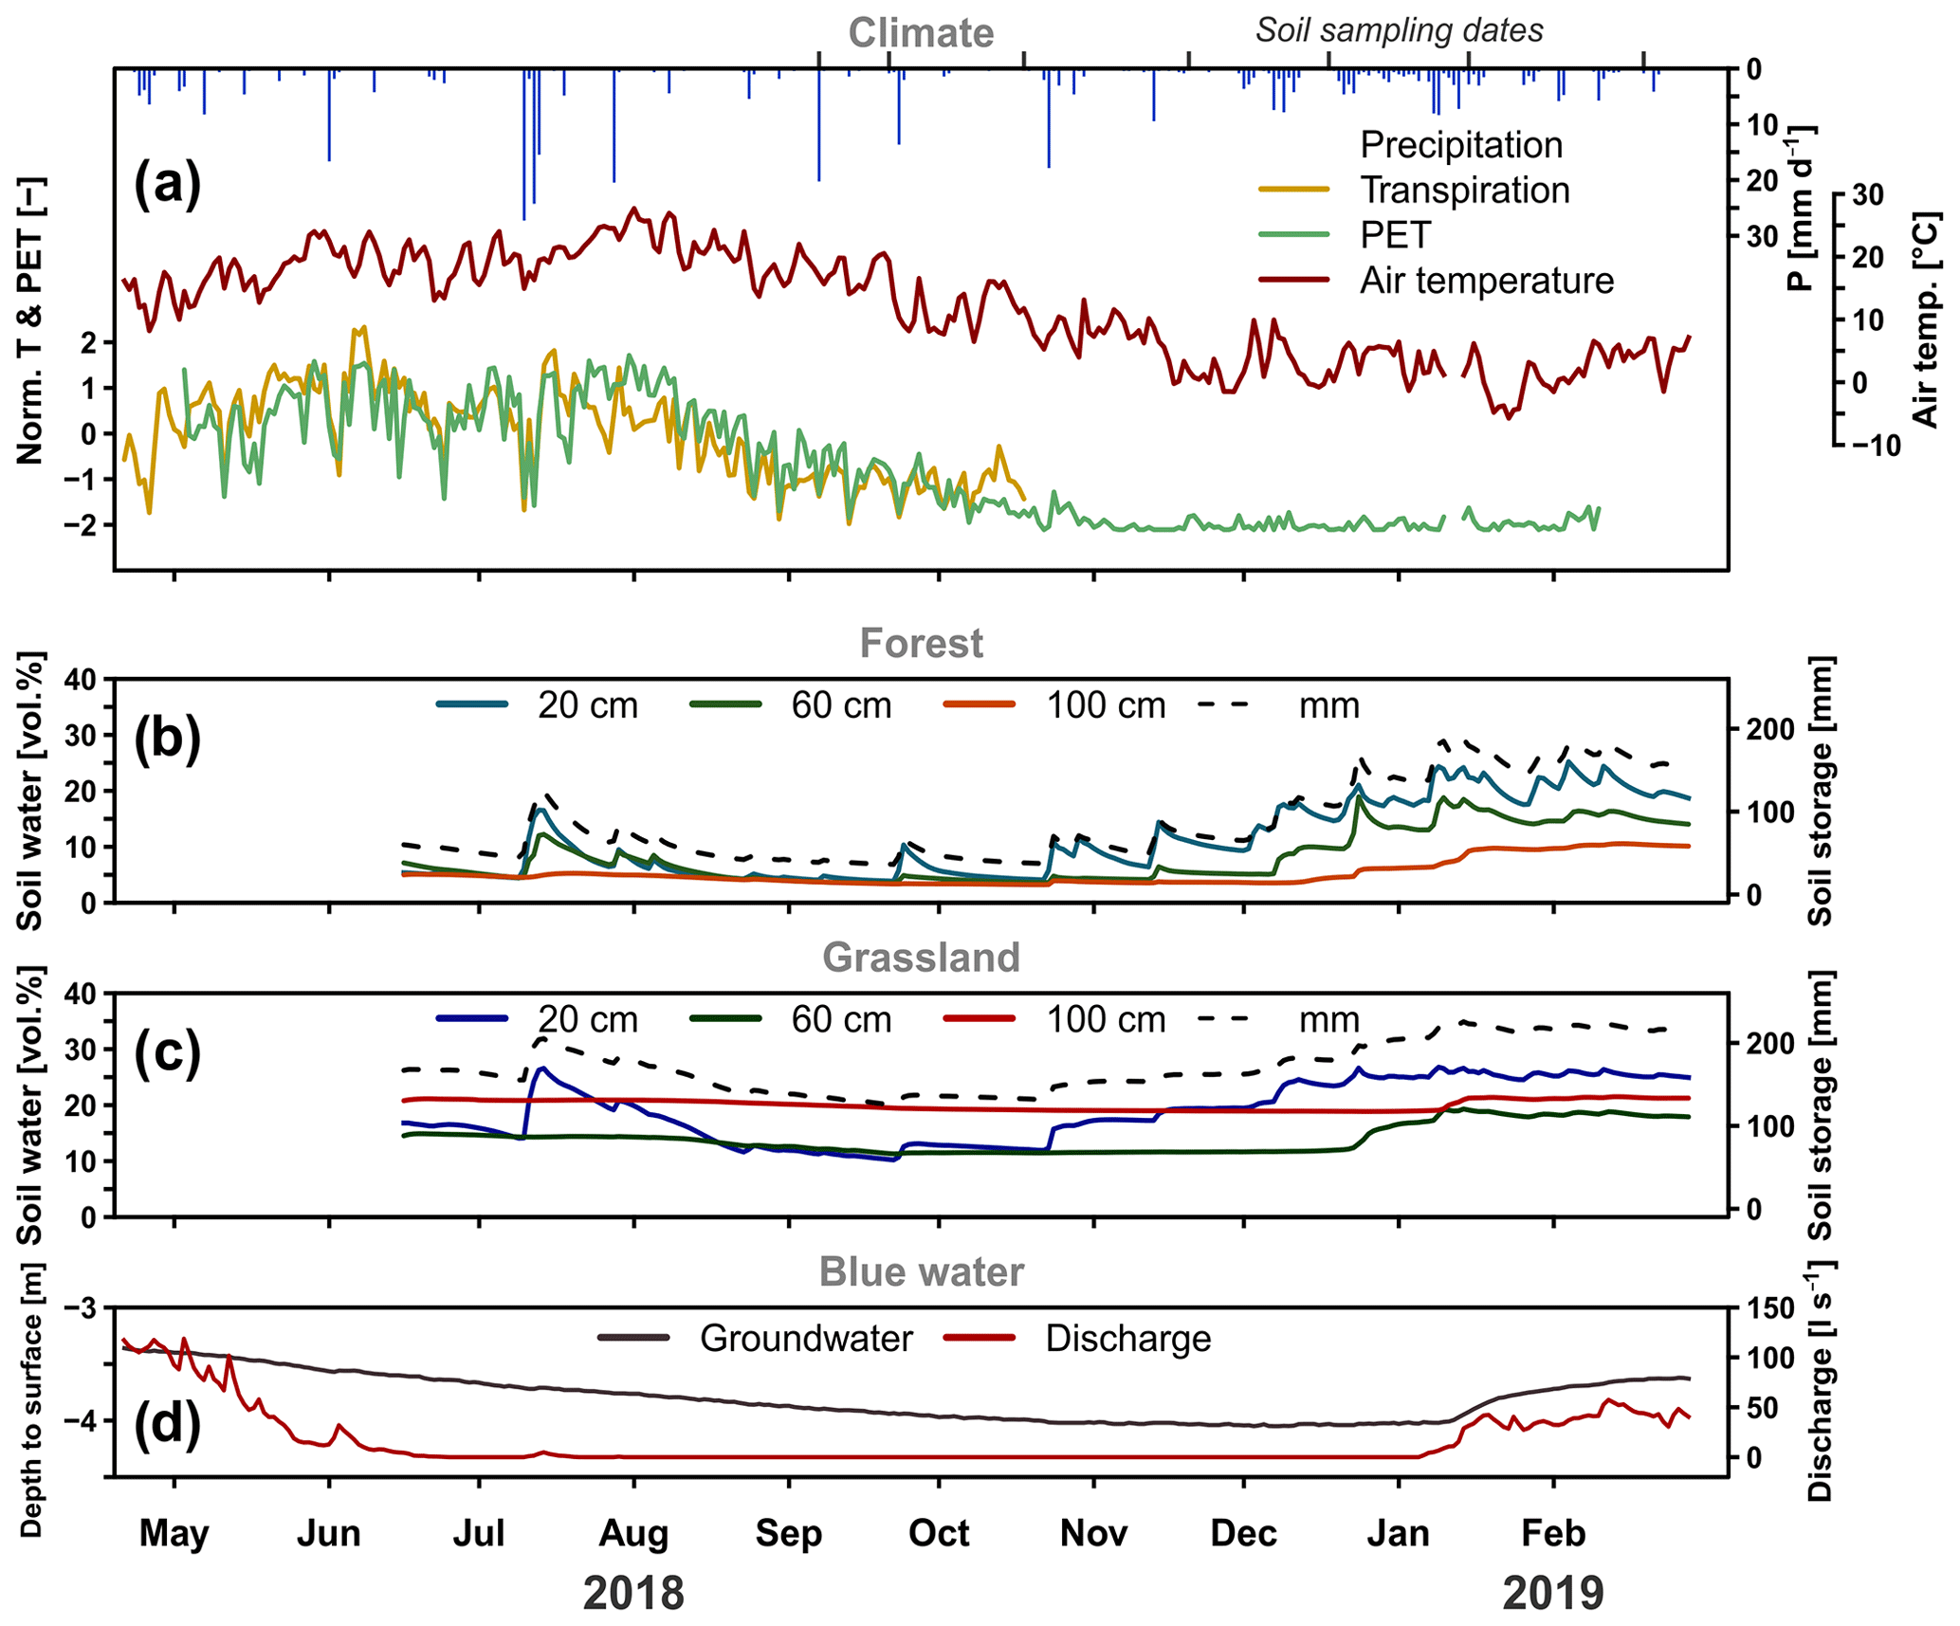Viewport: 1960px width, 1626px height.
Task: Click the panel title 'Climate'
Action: (921, 33)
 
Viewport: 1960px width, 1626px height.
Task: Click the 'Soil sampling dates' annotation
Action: (1399, 30)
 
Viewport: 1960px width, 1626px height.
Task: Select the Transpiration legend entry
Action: (1464, 191)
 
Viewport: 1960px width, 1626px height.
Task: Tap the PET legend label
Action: (1395, 235)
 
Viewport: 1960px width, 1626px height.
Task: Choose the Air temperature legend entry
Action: (1486, 281)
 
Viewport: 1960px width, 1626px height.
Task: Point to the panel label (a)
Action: (167, 183)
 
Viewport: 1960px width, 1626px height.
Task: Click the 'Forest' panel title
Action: (921, 644)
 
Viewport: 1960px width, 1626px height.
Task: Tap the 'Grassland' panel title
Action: (921, 958)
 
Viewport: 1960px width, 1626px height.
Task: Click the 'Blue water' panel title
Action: (921, 1272)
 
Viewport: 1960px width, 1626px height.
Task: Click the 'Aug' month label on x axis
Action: (633, 1533)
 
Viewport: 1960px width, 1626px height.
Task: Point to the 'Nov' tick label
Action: (1093, 1533)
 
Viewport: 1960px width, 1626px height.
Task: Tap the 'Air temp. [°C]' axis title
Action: (1925, 320)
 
